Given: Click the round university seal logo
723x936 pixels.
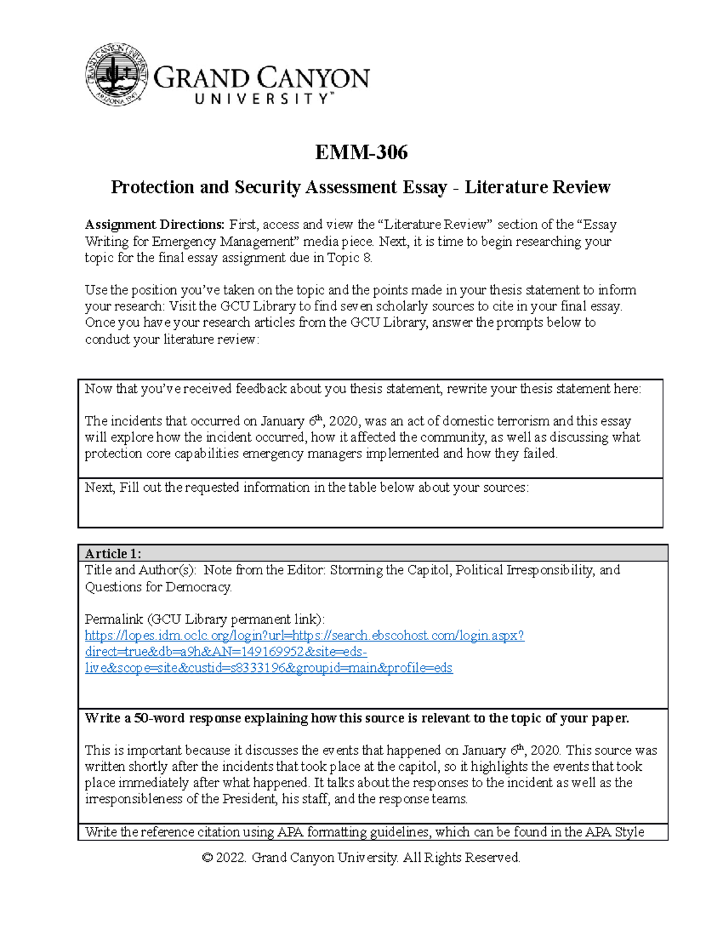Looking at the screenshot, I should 116,75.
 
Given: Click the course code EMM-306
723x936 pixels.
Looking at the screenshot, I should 361,152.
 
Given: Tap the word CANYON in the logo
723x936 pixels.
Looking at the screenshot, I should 314,78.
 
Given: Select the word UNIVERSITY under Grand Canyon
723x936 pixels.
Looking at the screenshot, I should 261,99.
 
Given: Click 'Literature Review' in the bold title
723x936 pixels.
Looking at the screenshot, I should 537,187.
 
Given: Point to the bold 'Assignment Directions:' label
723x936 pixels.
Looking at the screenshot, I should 154,225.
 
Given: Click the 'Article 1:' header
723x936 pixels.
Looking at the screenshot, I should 113,553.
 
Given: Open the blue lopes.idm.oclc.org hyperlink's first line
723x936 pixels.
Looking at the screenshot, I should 304,635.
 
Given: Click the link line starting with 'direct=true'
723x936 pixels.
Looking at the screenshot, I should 226,652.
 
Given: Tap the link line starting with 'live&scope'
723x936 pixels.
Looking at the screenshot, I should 268,668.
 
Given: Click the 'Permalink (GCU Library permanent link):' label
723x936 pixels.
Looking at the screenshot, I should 204,619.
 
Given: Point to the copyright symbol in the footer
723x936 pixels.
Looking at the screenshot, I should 208,858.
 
